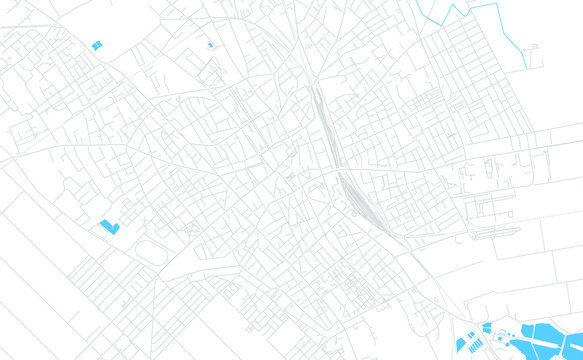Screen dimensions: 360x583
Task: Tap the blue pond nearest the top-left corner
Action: click(x=97, y=45)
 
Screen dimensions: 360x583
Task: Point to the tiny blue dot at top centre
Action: click(x=210, y=45)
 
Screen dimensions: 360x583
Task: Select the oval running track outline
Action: click(x=151, y=250)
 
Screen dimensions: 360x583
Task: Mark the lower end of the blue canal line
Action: click(x=526, y=68)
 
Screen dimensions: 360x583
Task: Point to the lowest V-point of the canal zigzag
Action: click(x=438, y=20)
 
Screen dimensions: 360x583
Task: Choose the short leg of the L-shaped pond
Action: click(x=115, y=230)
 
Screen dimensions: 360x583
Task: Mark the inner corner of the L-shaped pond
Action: click(x=112, y=226)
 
